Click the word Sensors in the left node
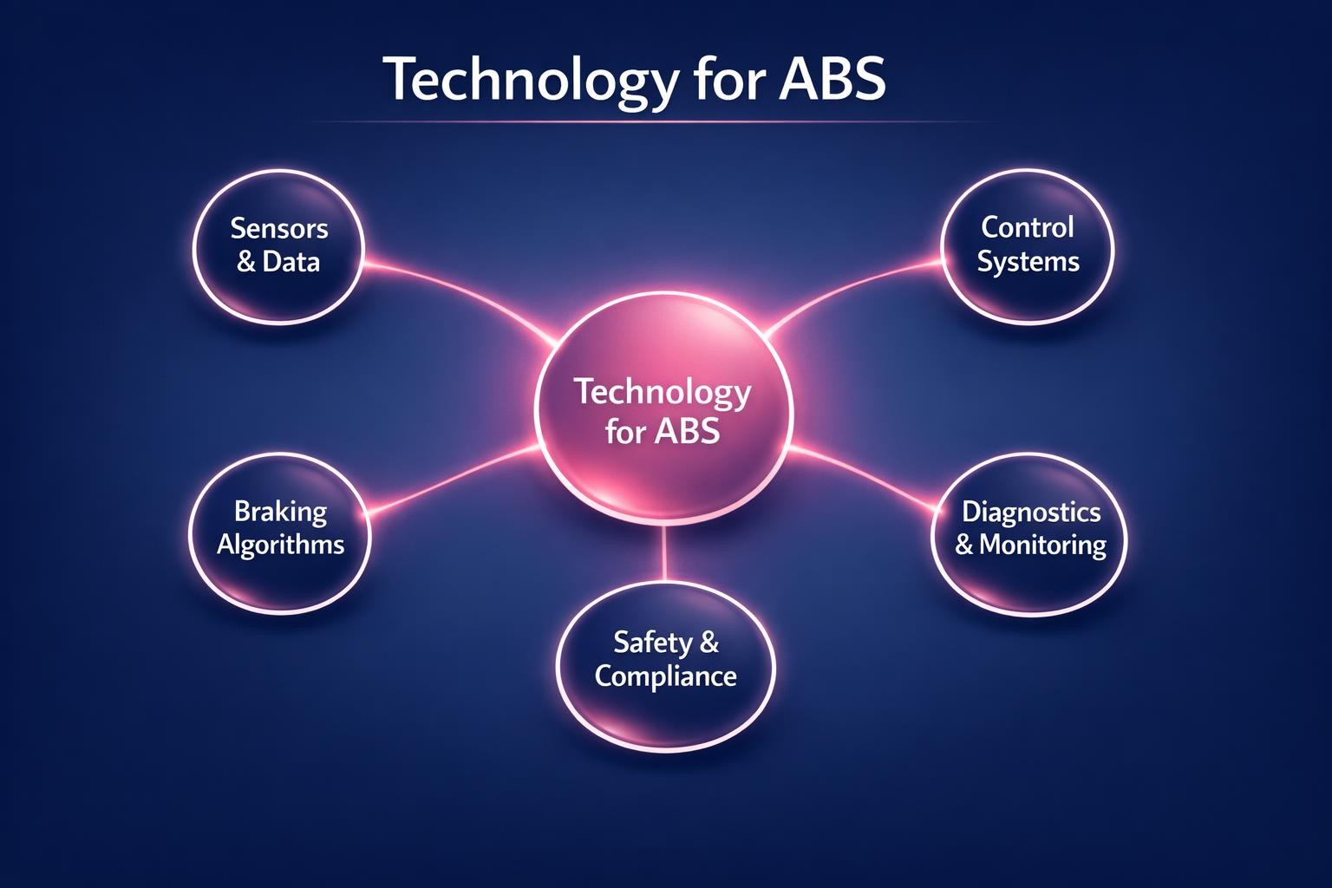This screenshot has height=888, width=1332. click(x=279, y=229)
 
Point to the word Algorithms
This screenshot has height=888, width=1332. click(x=280, y=545)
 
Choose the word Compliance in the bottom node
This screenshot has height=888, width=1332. click(x=665, y=676)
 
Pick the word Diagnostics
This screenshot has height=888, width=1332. click(x=1031, y=512)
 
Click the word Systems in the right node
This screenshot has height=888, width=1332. click(x=1028, y=262)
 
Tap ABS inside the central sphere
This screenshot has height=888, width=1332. click(x=687, y=431)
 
